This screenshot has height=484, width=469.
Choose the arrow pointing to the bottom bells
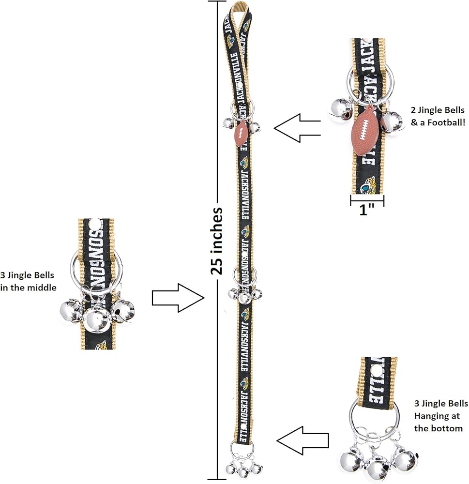[303, 439]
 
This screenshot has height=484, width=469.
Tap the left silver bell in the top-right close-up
[340, 109]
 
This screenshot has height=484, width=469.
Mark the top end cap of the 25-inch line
[216, 2]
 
